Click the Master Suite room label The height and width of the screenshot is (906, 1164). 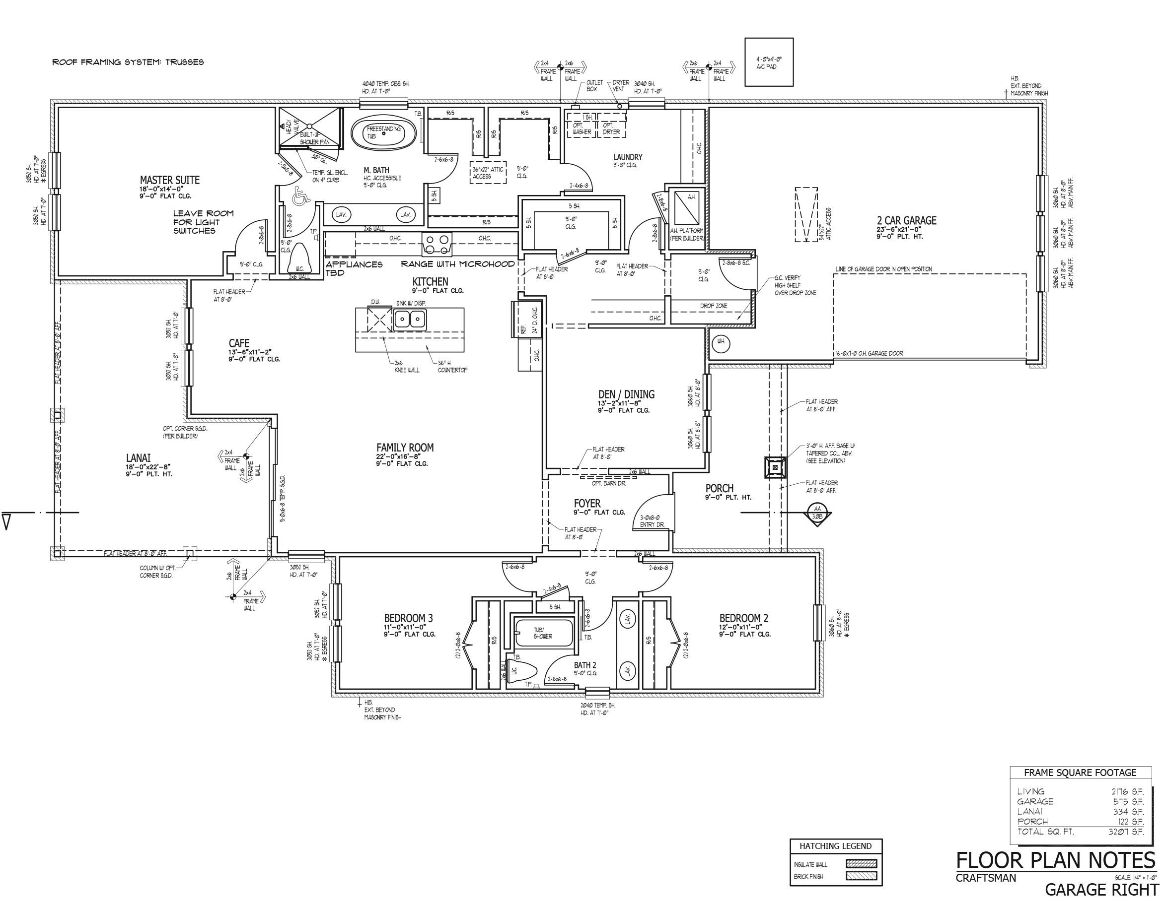169,180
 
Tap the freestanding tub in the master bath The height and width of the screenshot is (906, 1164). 383,133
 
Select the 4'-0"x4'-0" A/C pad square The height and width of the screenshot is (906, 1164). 769,62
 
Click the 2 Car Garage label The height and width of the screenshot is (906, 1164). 907,220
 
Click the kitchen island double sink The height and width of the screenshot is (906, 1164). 410,320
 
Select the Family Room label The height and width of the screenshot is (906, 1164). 405,448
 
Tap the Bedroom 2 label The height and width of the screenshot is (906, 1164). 743,618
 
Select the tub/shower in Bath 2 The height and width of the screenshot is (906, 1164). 544,633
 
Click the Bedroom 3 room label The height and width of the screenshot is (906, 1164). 408,618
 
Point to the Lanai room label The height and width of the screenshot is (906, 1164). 139,457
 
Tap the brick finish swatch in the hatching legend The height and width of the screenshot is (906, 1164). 861,876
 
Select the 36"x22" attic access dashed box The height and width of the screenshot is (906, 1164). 488,172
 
